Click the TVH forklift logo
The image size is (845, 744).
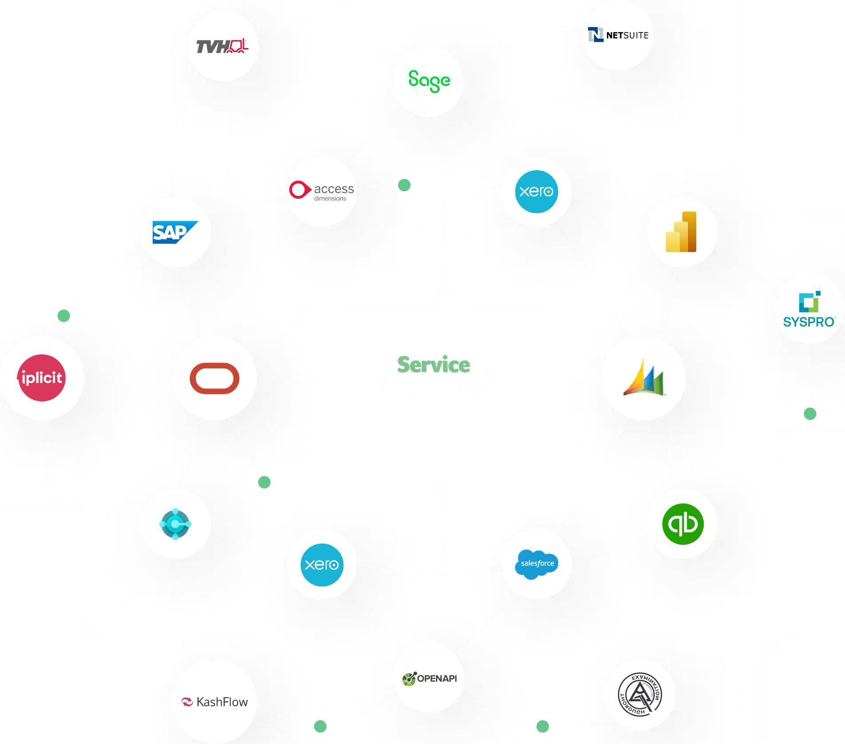coord(223,46)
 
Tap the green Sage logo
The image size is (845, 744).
coord(429,81)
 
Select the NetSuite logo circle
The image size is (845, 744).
coord(618,35)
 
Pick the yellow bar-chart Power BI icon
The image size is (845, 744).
coord(682,232)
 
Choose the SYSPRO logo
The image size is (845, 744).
coord(809,308)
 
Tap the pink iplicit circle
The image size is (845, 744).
coord(42,378)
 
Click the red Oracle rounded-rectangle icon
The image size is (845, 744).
coord(214,378)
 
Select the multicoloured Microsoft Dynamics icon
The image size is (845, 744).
coord(643,378)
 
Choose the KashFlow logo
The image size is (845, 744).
coord(215,702)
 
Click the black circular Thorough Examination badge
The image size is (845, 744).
coord(640,694)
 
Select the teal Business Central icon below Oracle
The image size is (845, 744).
coord(175,524)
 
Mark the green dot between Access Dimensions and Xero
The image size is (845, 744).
coord(404,185)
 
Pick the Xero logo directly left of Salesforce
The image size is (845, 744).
coord(322,564)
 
